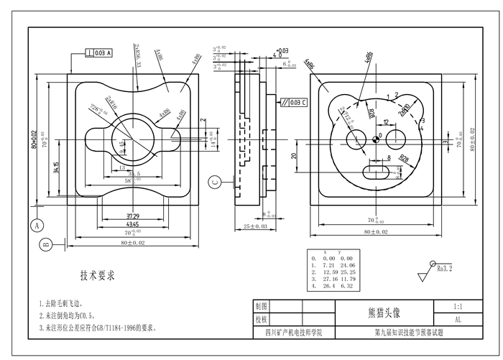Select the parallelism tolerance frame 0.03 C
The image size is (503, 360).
(x=294, y=101)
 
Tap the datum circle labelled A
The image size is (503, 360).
(x=34, y=225)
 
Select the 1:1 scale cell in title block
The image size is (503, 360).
(x=458, y=305)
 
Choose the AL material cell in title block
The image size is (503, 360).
(x=458, y=319)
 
